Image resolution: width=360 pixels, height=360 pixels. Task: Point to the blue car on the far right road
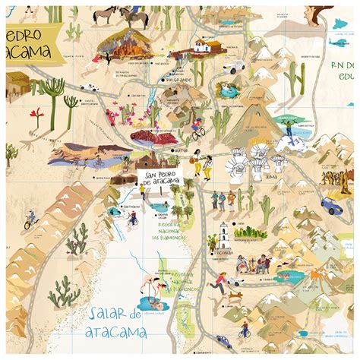pyautogui.click(x=331, y=205)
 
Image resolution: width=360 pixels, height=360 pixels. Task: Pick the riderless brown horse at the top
pyautogui.click(x=104, y=15)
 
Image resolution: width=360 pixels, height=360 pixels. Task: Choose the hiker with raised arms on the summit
pyautogui.click(x=289, y=127)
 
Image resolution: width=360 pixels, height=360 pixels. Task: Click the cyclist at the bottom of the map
pyautogui.click(x=245, y=333)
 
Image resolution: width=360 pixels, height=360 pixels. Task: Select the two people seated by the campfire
pyautogui.click(x=252, y=264)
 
